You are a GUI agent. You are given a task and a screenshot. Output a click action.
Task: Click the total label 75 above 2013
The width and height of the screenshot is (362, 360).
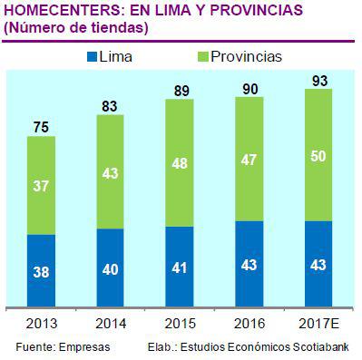point(42,127)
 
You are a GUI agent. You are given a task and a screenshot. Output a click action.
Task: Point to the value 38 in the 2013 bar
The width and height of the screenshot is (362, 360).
point(42,270)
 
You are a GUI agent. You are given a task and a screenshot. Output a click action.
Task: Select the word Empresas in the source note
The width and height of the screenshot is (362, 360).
point(86,347)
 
